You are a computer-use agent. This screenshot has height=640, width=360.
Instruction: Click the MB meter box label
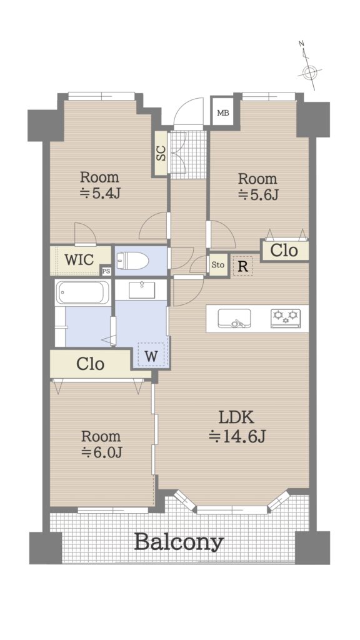click(x=223, y=113)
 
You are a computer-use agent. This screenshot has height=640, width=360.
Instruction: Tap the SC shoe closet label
click(x=161, y=152)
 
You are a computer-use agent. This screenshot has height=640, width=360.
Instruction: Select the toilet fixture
click(x=131, y=261)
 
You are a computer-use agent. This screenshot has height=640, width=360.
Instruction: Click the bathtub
click(x=83, y=292)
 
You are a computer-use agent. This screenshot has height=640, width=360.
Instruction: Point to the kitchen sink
click(x=234, y=318)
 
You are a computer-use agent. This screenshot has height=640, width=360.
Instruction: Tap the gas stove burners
click(x=286, y=318)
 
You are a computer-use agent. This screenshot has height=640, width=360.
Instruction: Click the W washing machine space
click(x=151, y=356)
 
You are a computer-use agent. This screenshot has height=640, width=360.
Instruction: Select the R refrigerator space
click(x=243, y=266)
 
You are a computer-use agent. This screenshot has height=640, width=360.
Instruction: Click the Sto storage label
click(x=218, y=265)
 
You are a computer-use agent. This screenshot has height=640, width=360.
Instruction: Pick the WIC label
click(x=79, y=259)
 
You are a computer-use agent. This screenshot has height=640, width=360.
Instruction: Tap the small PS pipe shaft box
click(x=106, y=271)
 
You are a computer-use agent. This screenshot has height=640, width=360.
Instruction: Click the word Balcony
click(x=179, y=542)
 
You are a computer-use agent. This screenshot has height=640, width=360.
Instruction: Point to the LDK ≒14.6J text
click(x=237, y=427)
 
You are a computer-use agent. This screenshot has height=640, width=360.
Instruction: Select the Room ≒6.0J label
click(x=101, y=444)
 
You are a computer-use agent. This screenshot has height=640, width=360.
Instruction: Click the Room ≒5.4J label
click(x=99, y=185)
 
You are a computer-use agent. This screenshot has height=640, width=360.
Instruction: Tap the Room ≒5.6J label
click(x=257, y=186)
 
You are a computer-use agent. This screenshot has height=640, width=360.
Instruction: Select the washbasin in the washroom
click(x=142, y=290)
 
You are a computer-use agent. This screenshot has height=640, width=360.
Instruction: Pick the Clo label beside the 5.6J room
click(x=284, y=250)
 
